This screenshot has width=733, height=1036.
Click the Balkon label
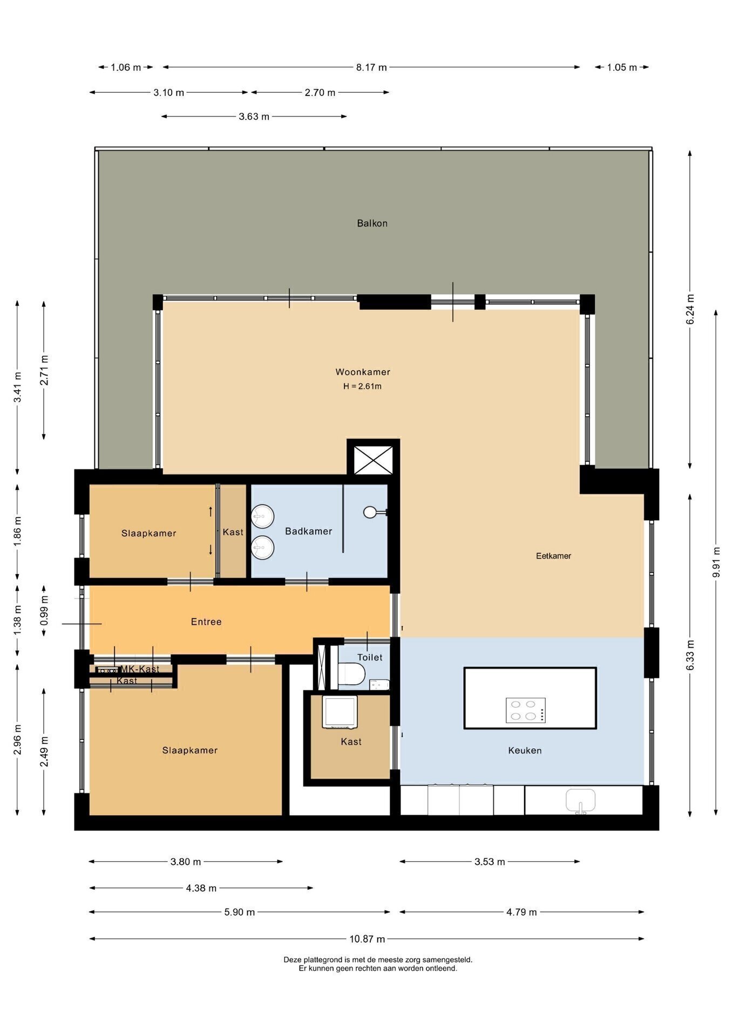tap(372, 223)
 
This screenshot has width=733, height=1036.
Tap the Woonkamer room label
tap(363, 372)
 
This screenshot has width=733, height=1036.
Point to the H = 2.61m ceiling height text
tap(362, 386)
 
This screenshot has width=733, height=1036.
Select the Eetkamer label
tap(553, 556)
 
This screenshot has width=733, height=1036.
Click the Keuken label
tap(525, 751)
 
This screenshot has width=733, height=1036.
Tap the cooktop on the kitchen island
tap(525, 710)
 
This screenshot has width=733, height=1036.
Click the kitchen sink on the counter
tap(580, 801)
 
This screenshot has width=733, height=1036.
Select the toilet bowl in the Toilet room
tap(352, 673)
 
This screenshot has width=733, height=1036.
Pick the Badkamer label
tap(308, 531)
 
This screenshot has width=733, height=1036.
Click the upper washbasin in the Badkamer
tap(263, 516)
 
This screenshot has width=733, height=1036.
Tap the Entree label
tap(206, 622)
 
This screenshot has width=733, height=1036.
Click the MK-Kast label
tap(140, 669)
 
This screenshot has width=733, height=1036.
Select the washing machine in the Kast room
tap(340, 712)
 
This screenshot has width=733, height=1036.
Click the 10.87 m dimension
tap(367, 939)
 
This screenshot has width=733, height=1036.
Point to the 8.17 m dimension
tap(371, 67)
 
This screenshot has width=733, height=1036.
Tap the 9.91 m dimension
tap(716, 562)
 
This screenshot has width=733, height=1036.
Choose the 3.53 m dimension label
tap(490, 862)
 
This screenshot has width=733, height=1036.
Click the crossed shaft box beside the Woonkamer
tap(373, 460)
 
